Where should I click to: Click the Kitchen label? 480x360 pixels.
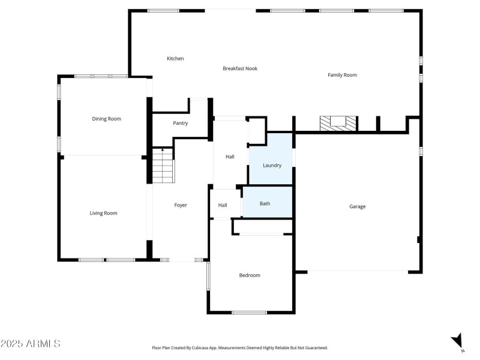175,58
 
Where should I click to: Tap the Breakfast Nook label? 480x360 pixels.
240,68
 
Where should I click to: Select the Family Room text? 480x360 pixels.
342,75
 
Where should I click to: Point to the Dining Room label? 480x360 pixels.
106,119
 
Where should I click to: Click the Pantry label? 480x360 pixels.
180,123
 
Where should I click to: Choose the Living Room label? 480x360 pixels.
103,213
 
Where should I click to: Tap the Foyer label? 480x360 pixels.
181,205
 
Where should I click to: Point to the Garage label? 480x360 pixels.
358,206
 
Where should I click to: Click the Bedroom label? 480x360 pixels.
250,275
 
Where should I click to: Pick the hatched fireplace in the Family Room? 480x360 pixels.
338,123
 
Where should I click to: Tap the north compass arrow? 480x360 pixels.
458,340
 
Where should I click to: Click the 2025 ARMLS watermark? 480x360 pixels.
31,344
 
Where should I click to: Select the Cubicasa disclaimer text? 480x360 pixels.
240,347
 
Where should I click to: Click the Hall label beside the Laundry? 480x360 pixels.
230,157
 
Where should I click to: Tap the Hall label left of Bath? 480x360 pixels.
223,205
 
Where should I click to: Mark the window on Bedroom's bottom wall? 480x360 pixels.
249,312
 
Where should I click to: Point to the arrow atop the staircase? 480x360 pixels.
162,149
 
